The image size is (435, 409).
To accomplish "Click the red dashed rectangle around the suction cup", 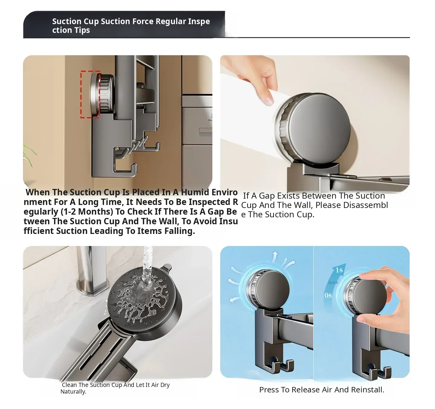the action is pos(81,94).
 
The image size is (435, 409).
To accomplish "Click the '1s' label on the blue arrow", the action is pos(339,270).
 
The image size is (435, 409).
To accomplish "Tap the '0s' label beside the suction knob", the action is pos(328,296).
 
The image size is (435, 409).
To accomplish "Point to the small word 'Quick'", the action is pos(333,283).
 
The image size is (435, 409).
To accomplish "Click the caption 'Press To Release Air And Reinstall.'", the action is pos(322,390).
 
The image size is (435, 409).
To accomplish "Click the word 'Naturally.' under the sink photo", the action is pos(73,391).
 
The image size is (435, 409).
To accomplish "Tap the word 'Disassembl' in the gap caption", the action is pos(366,205).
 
